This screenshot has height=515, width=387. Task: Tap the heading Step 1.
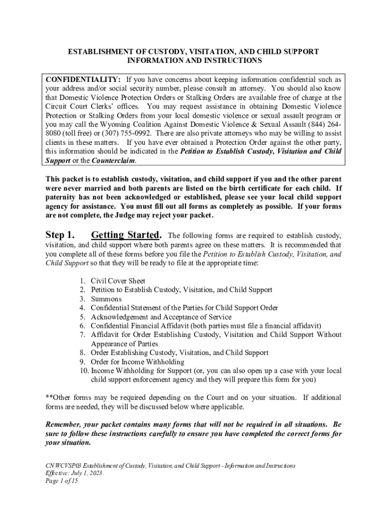[x=60, y=235]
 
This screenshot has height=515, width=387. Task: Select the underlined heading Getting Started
[x=126, y=235]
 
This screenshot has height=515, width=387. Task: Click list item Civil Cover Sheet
[x=118, y=281]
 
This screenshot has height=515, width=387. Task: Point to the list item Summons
[x=106, y=299]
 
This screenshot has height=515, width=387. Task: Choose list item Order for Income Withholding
[x=137, y=362]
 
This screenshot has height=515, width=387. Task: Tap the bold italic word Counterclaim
[x=114, y=160]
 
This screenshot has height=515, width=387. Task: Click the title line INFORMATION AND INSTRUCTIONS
[x=193, y=61]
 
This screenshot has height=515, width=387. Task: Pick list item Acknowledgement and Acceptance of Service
[x=161, y=317]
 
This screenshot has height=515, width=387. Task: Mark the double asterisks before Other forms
[x=49, y=397]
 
